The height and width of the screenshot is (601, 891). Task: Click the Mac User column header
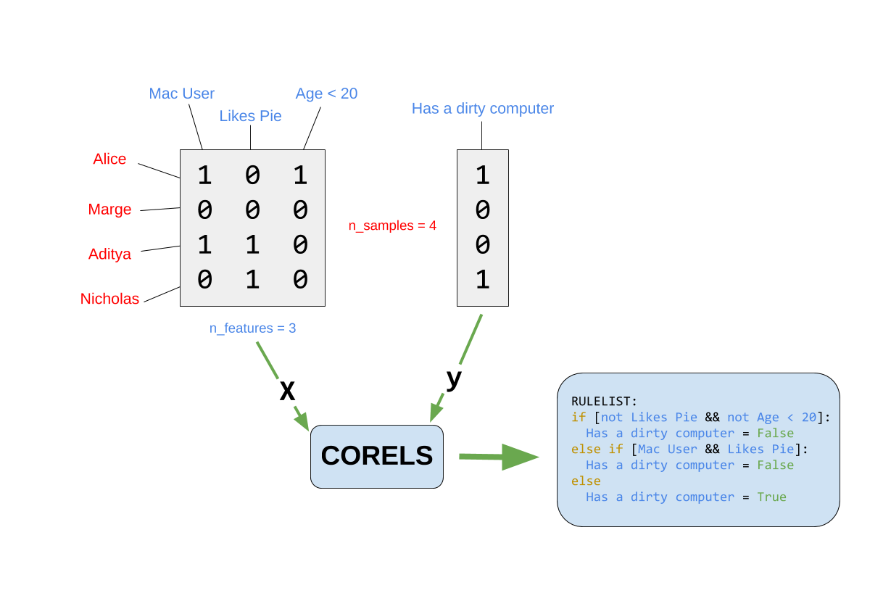tap(182, 94)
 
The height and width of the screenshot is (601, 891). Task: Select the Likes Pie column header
tap(250, 116)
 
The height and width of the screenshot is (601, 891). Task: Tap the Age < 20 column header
tap(326, 94)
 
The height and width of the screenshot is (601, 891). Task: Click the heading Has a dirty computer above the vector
tap(482, 109)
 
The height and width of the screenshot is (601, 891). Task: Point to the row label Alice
tap(109, 159)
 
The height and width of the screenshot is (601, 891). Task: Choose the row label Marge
tap(109, 210)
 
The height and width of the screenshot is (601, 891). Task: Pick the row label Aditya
tap(109, 254)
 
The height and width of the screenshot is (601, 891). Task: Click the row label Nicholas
tap(109, 299)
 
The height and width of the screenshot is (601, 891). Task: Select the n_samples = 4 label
tap(392, 226)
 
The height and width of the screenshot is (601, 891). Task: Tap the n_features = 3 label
tap(252, 328)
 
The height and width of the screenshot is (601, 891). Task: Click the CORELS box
tap(376, 456)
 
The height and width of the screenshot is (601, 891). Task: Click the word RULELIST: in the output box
tap(604, 401)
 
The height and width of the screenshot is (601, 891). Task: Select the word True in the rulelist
tap(771, 497)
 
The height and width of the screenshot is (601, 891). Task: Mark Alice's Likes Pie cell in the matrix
tap(252, 175)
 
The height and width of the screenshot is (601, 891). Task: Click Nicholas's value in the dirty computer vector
tap(483, 280)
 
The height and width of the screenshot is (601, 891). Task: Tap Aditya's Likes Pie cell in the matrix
tap(252, 245)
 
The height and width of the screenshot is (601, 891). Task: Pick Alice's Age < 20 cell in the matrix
tap(300, 175)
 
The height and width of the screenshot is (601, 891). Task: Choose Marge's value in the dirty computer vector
tap(483, 210)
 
